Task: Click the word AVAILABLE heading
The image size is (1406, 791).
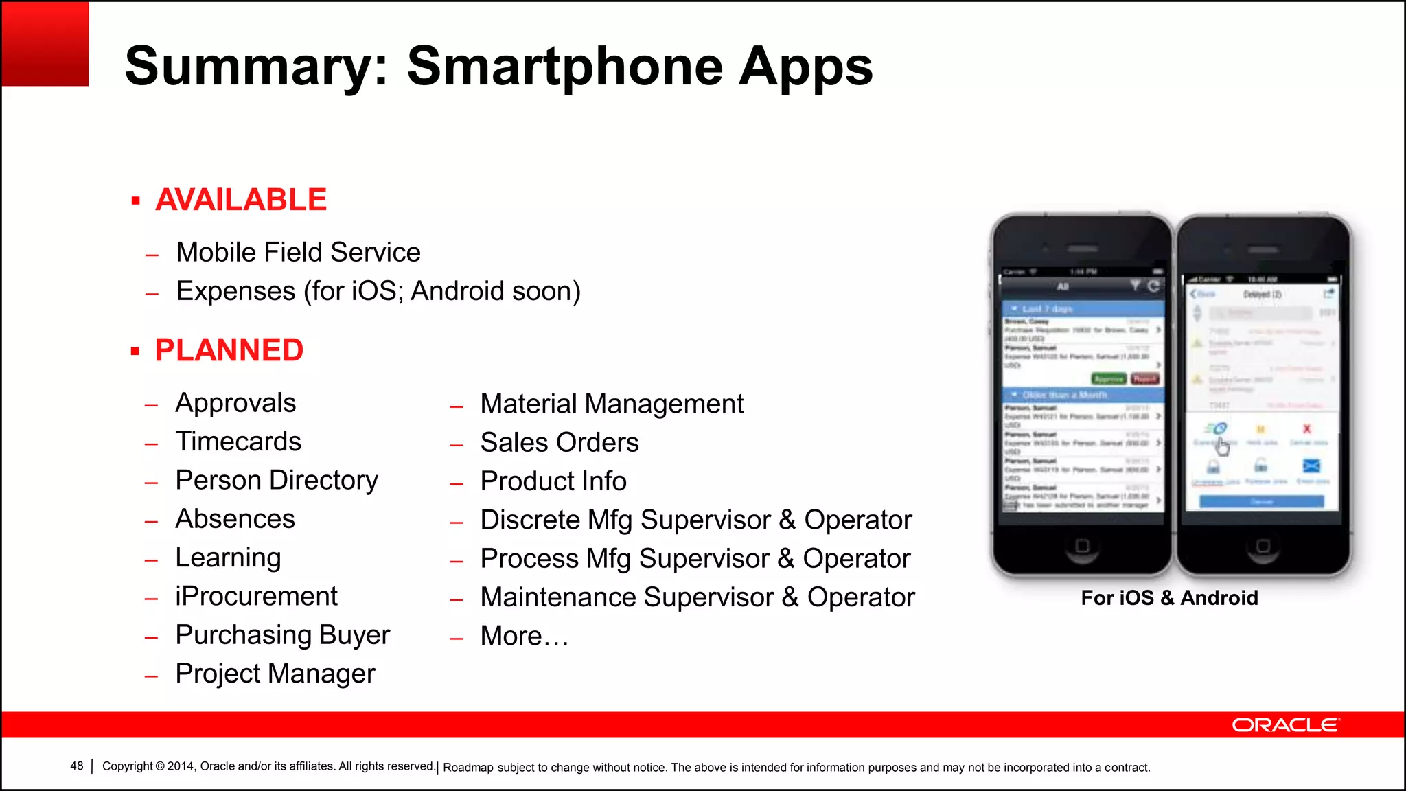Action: coord(240,200)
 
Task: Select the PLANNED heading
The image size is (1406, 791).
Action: coord(229,350)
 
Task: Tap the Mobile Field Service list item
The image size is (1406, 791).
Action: coord(298,253)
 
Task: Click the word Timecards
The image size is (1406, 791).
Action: coord(238,442)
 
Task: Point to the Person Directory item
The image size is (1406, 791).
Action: coord(277,480)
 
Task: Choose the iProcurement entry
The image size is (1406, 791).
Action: coord(256,596)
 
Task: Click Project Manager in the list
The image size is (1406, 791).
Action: coord(275,674)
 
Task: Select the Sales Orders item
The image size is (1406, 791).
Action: coord(560,442)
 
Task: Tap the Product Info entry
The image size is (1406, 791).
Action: coord(553,481)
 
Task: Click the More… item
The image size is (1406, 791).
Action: coord(525,636)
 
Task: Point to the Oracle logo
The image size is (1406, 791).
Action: coord(1284,725)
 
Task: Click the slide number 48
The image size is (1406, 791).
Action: coord(76,766)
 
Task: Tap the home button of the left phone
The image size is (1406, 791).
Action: coord(1082,546)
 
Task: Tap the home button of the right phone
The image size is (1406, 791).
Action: coord(1263,546)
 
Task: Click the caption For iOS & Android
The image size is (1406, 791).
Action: coord(1169,598)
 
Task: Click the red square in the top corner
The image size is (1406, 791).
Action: coord(45,43)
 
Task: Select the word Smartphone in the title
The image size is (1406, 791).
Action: coord(565,67)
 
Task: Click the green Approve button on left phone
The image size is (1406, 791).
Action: coord(1108,379)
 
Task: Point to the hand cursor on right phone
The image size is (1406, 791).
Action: coord(1223,446)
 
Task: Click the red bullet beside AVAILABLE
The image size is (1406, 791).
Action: coord(136,201)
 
